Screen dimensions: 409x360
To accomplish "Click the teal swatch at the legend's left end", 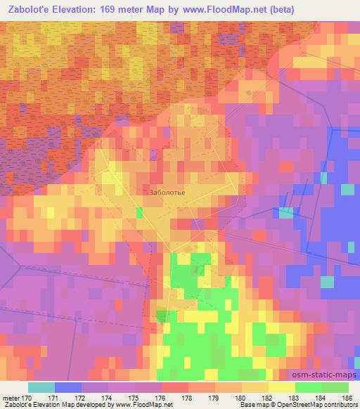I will click(x=41, y=387).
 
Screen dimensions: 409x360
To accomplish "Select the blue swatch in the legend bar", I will click(x=68, y=387).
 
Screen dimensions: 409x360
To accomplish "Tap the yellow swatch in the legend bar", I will click(x=281, y=387).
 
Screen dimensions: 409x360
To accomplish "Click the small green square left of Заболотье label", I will click(x=139, y=212).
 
